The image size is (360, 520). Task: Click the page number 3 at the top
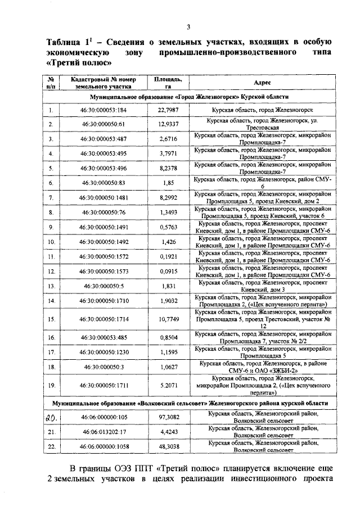(188, 27)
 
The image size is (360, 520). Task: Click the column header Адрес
(263, 82)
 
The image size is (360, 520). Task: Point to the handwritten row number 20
(51, 418)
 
